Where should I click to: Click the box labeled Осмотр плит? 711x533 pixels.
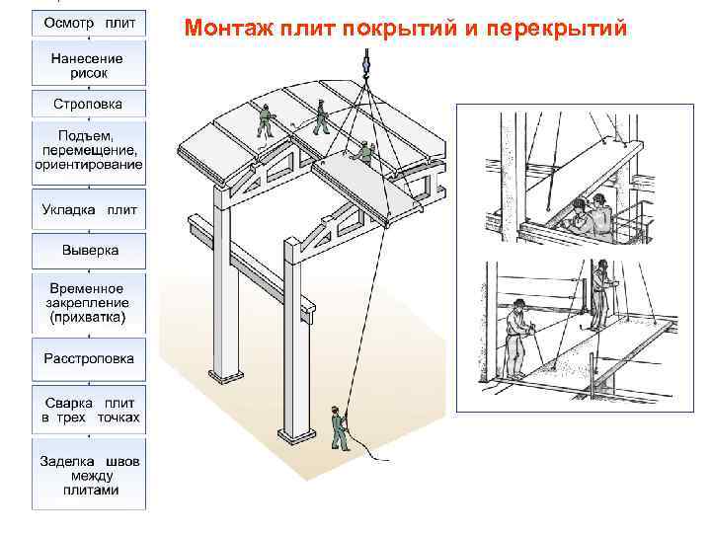[x=90, y=22]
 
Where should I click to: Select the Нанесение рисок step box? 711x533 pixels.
[x=90, y=65]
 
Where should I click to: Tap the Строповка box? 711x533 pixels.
[x=90, y=104]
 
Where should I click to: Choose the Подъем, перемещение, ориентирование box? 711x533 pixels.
[x=90, y=150]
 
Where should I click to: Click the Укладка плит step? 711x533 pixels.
[x=90, y=209]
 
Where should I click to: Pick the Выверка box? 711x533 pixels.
[x=90, y=251]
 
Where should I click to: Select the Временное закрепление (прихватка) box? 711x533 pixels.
[x=90, y=302]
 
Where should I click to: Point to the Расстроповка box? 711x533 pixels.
[x=90, y=359]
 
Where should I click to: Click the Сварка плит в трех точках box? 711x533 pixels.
[x=90, y=411]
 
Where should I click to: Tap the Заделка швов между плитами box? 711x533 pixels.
[x=90, y=476]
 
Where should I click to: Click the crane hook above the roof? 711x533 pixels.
[x=364, y=63]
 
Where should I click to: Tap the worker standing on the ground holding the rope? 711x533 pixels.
[x=339, y=426]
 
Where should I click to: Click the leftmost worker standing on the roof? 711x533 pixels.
[x=265, y=119]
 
